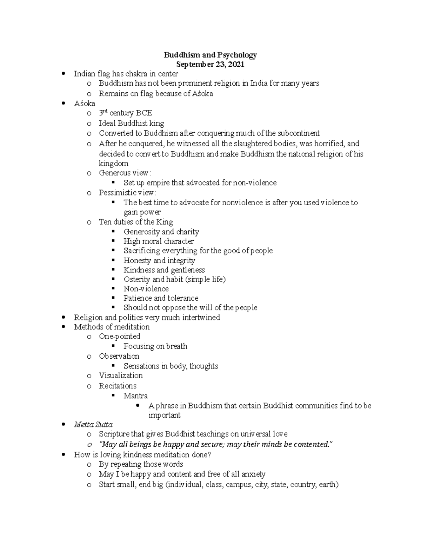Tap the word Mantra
coord(135,396)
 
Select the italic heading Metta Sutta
coord(93,425)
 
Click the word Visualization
coord(121,375)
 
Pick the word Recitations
coord(118,386)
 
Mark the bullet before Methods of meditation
coord(64,327)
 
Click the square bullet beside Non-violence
coord(113,288)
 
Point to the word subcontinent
coord(299,133)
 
